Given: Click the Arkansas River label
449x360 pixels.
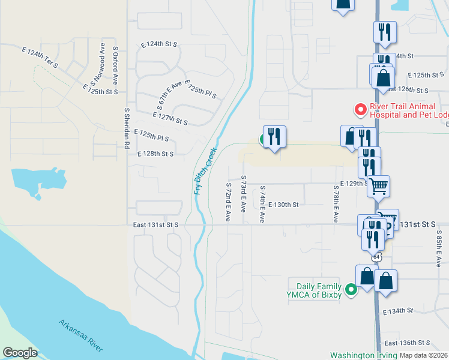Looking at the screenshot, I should point(80,335).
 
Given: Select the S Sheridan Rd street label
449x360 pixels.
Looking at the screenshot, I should point(127,128).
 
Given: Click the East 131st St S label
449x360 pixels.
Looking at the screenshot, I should point(155,224).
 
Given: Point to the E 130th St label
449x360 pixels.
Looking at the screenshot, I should point(283,205).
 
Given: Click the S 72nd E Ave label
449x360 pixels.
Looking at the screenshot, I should point(228,202).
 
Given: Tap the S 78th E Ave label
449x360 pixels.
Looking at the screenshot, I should point(335,204).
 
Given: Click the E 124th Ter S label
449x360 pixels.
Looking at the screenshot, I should point(40,58).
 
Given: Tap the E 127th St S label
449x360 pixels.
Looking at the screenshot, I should point(170,118).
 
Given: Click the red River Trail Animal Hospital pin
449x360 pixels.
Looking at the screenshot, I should point(360,110).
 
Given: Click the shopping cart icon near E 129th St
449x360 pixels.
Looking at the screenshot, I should point(378,187).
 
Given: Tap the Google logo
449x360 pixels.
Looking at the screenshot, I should point(20,353).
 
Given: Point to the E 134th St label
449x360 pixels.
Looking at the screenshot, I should point(399,311).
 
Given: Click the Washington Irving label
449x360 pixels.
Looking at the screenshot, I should point(363,355).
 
